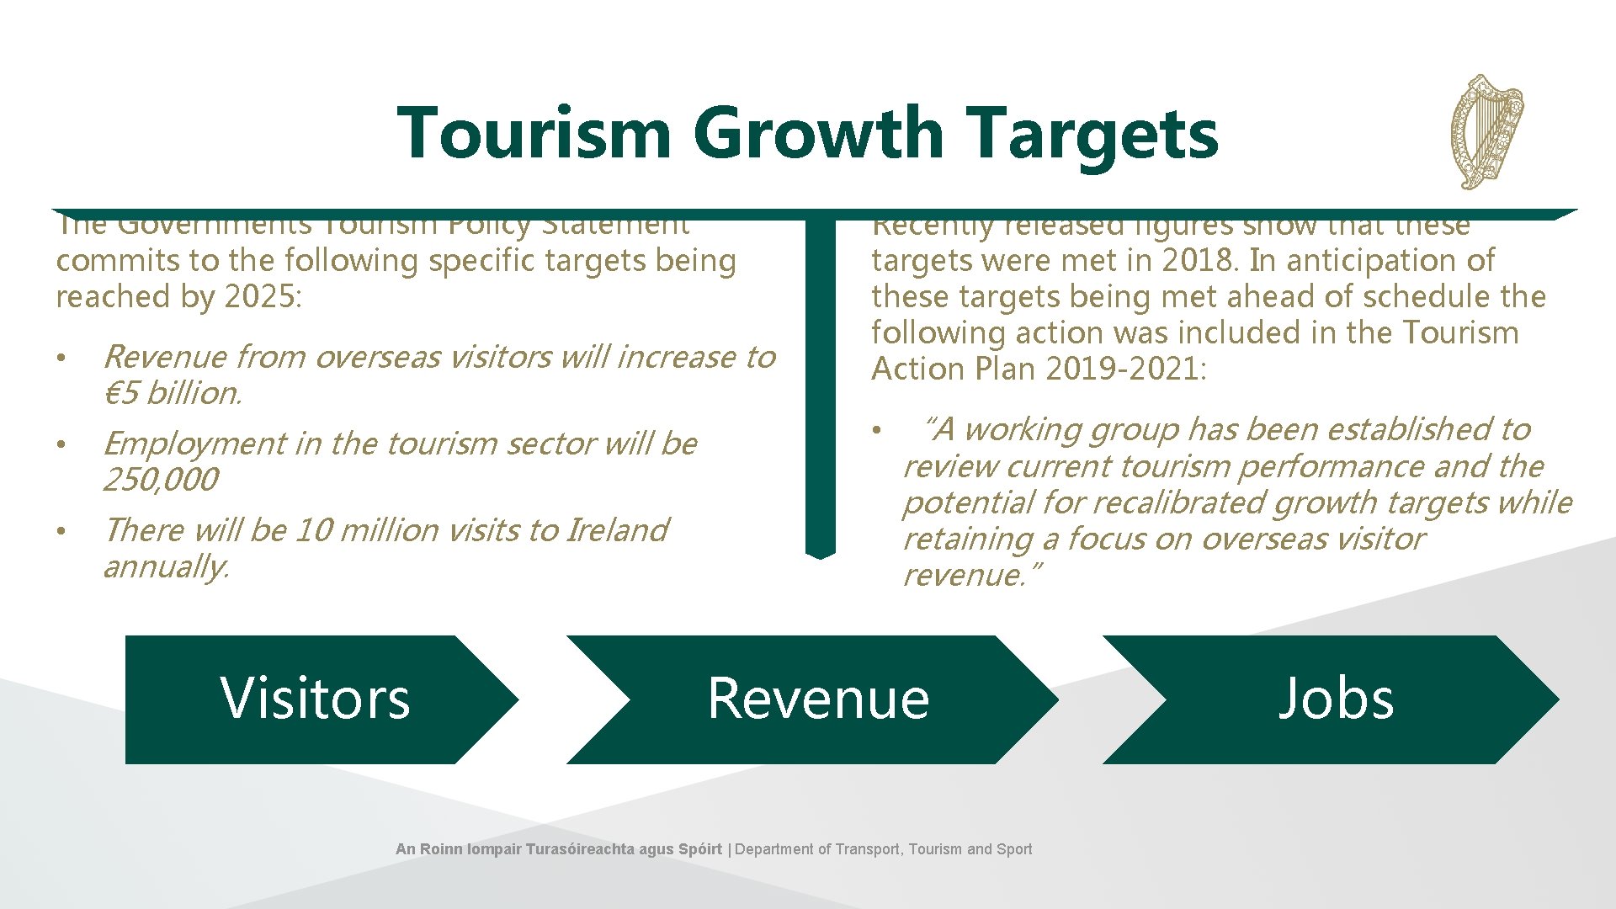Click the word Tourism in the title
[534, 133]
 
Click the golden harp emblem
[1487, 131]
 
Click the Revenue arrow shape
[816, 699]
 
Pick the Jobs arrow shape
[1334, 699]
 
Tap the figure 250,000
[160, 480]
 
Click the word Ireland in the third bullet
[617, 530]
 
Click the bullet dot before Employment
[61, 444]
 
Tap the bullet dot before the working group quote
[877, 431]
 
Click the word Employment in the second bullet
[194, 444]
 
